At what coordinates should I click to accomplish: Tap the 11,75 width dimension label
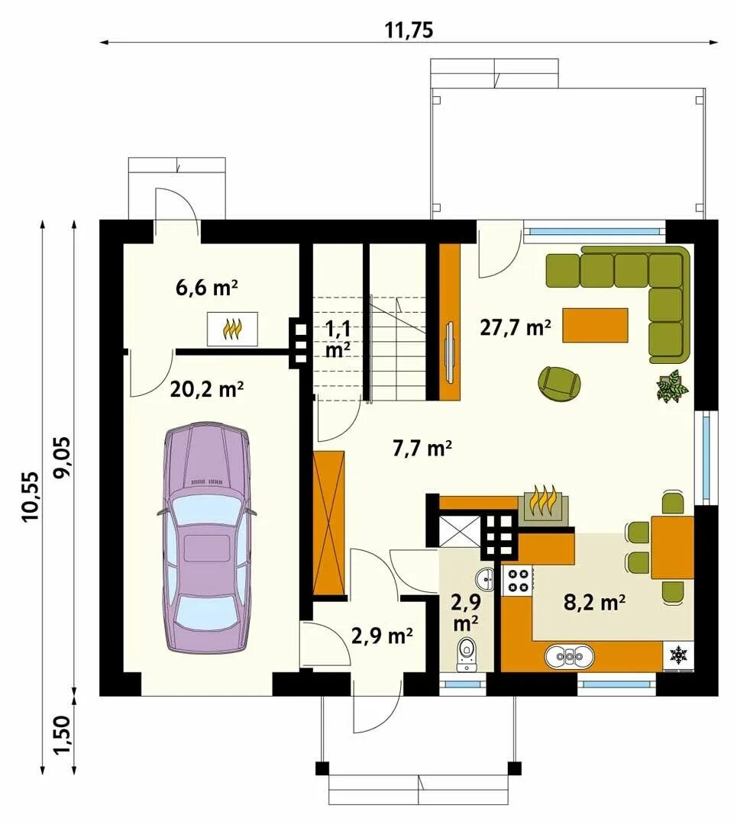pyautogui.click(x=409, y=30)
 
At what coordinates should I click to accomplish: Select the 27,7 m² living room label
pyautogui.click(x=516, y=327)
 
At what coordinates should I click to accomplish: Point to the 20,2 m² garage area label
pyautogui.click(x=207, y=389)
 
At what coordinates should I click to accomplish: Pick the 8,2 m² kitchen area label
pyautogui.click(x=594, y=602)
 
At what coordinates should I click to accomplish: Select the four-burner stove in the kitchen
pyautogui.click(x=517, y=580)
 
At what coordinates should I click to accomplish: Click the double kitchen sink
pyautogui.click(x=571, y=656)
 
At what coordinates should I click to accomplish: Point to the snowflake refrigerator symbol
pyautogui.click(x=678, y=655)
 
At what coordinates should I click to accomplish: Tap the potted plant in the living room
pyautogui.click(x=672, y=386)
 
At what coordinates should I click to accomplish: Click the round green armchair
pyautogui.click(x=560, y=382)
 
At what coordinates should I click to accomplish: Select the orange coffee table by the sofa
pyautogui.click(x=595, y=325)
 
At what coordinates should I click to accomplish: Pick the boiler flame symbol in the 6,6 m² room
pyautogui.click(x=232, y=329)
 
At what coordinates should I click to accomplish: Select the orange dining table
pyautogui.click(x=673, y=547)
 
